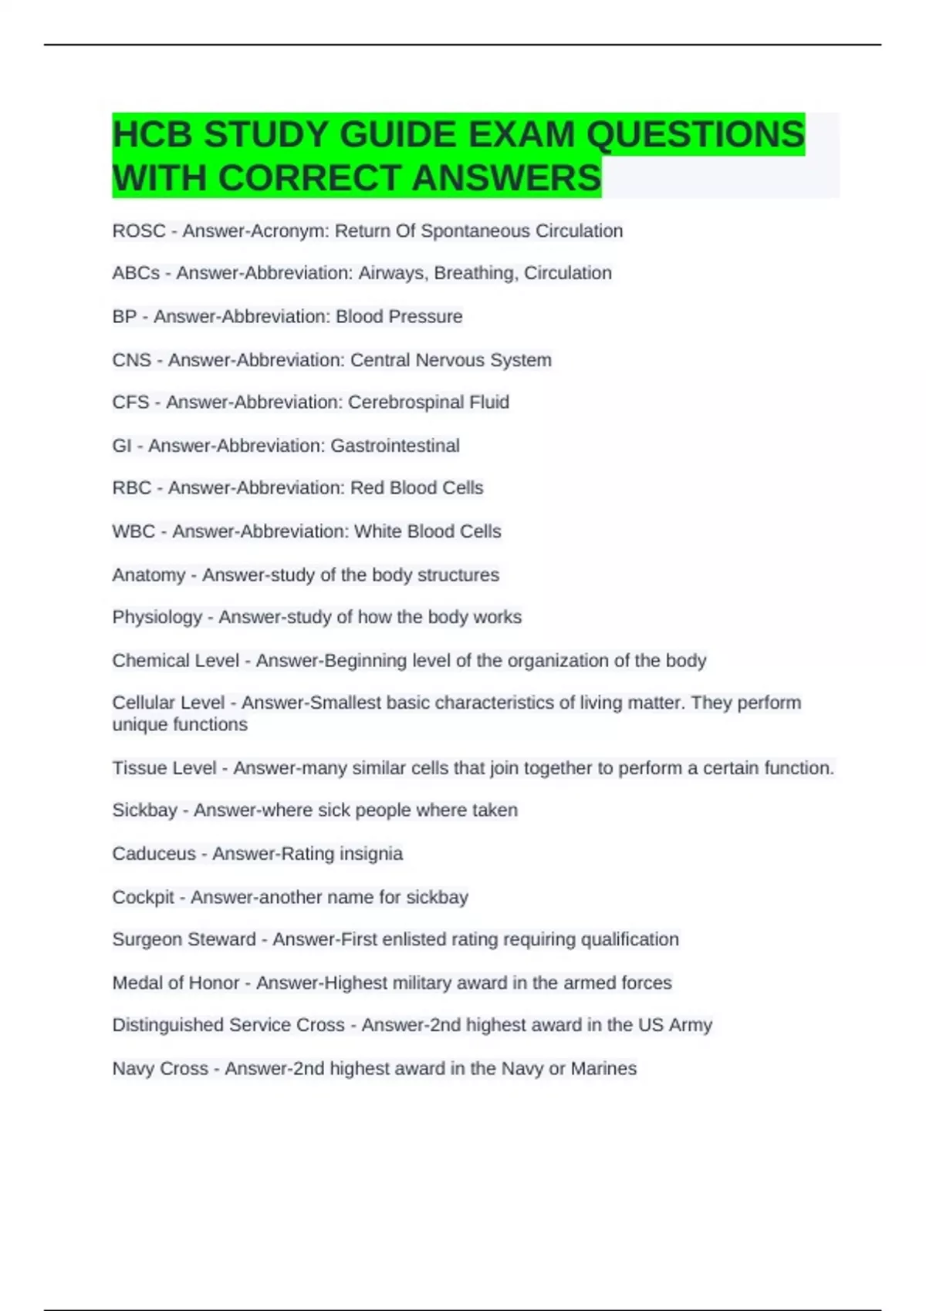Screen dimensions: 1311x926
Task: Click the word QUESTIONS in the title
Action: [x=694, y=135]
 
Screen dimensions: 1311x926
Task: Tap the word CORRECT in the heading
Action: [x=312, y=178]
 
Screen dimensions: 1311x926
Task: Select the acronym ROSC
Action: [x=139, y=231]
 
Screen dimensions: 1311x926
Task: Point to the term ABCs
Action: [x=136, y=273]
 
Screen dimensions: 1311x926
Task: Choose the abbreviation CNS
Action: [x=132, y=360]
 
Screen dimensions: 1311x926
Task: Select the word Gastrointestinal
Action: [x=395, y=446]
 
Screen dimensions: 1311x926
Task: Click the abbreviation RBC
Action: [x=132, y=488]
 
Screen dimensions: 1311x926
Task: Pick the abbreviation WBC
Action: [x=133, y=531]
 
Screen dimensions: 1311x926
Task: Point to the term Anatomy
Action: [x=149, y=575]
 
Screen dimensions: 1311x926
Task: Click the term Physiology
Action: [x=157, y=618]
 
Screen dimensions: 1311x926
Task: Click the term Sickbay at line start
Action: [x=145, y=811]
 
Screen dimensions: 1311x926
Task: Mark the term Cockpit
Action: [x=144, y=898]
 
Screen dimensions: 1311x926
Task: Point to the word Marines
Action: [x=603, y=1069]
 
